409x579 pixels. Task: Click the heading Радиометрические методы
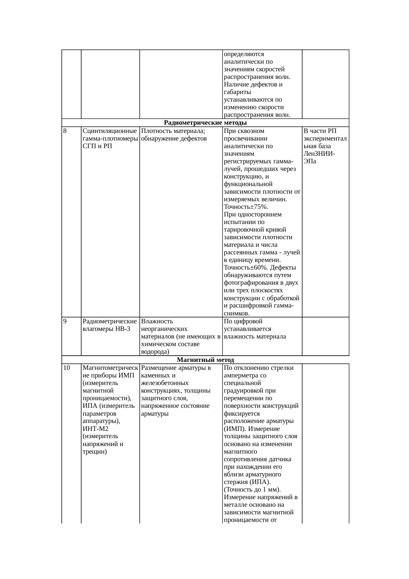pos(205,123)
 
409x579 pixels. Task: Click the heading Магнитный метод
pos(205,360)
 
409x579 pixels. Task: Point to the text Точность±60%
pos(241,268)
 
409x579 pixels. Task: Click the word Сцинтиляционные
pos(110,131)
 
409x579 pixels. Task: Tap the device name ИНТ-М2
pos(95,429)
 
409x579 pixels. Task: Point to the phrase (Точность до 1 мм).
pos(252,489)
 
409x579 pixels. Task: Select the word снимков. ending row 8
pos(236,313)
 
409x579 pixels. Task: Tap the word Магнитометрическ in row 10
pos(110,368)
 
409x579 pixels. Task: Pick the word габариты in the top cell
pos(237,92)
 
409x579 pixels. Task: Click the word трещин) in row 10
pos(94,451)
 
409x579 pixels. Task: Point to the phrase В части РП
pos(320,131)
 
